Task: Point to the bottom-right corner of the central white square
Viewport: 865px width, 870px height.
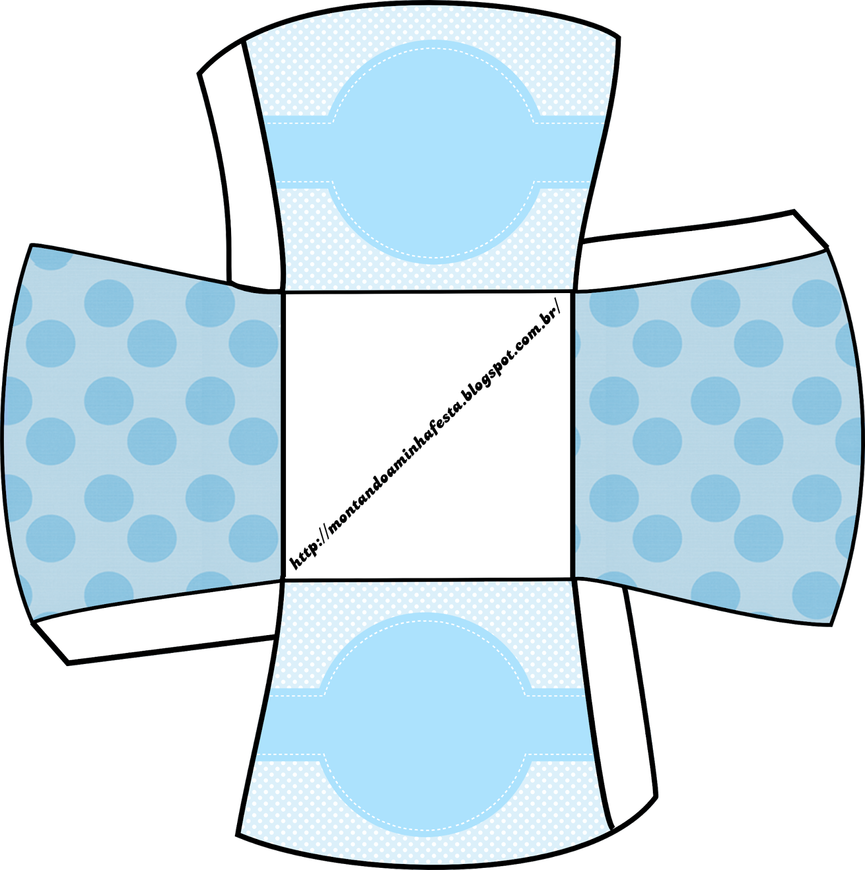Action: (573, 579)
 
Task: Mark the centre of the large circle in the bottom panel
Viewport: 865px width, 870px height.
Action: (425, 725)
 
